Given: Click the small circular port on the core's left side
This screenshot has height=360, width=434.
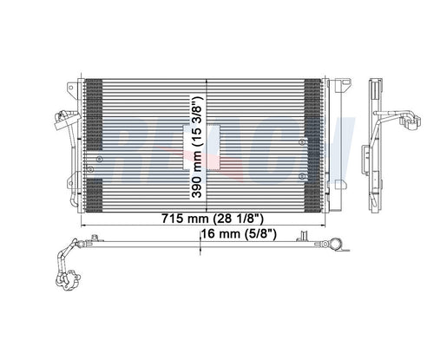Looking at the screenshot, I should click(x=100, y=160).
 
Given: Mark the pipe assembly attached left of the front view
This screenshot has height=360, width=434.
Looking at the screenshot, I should click(x=63, y=130).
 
